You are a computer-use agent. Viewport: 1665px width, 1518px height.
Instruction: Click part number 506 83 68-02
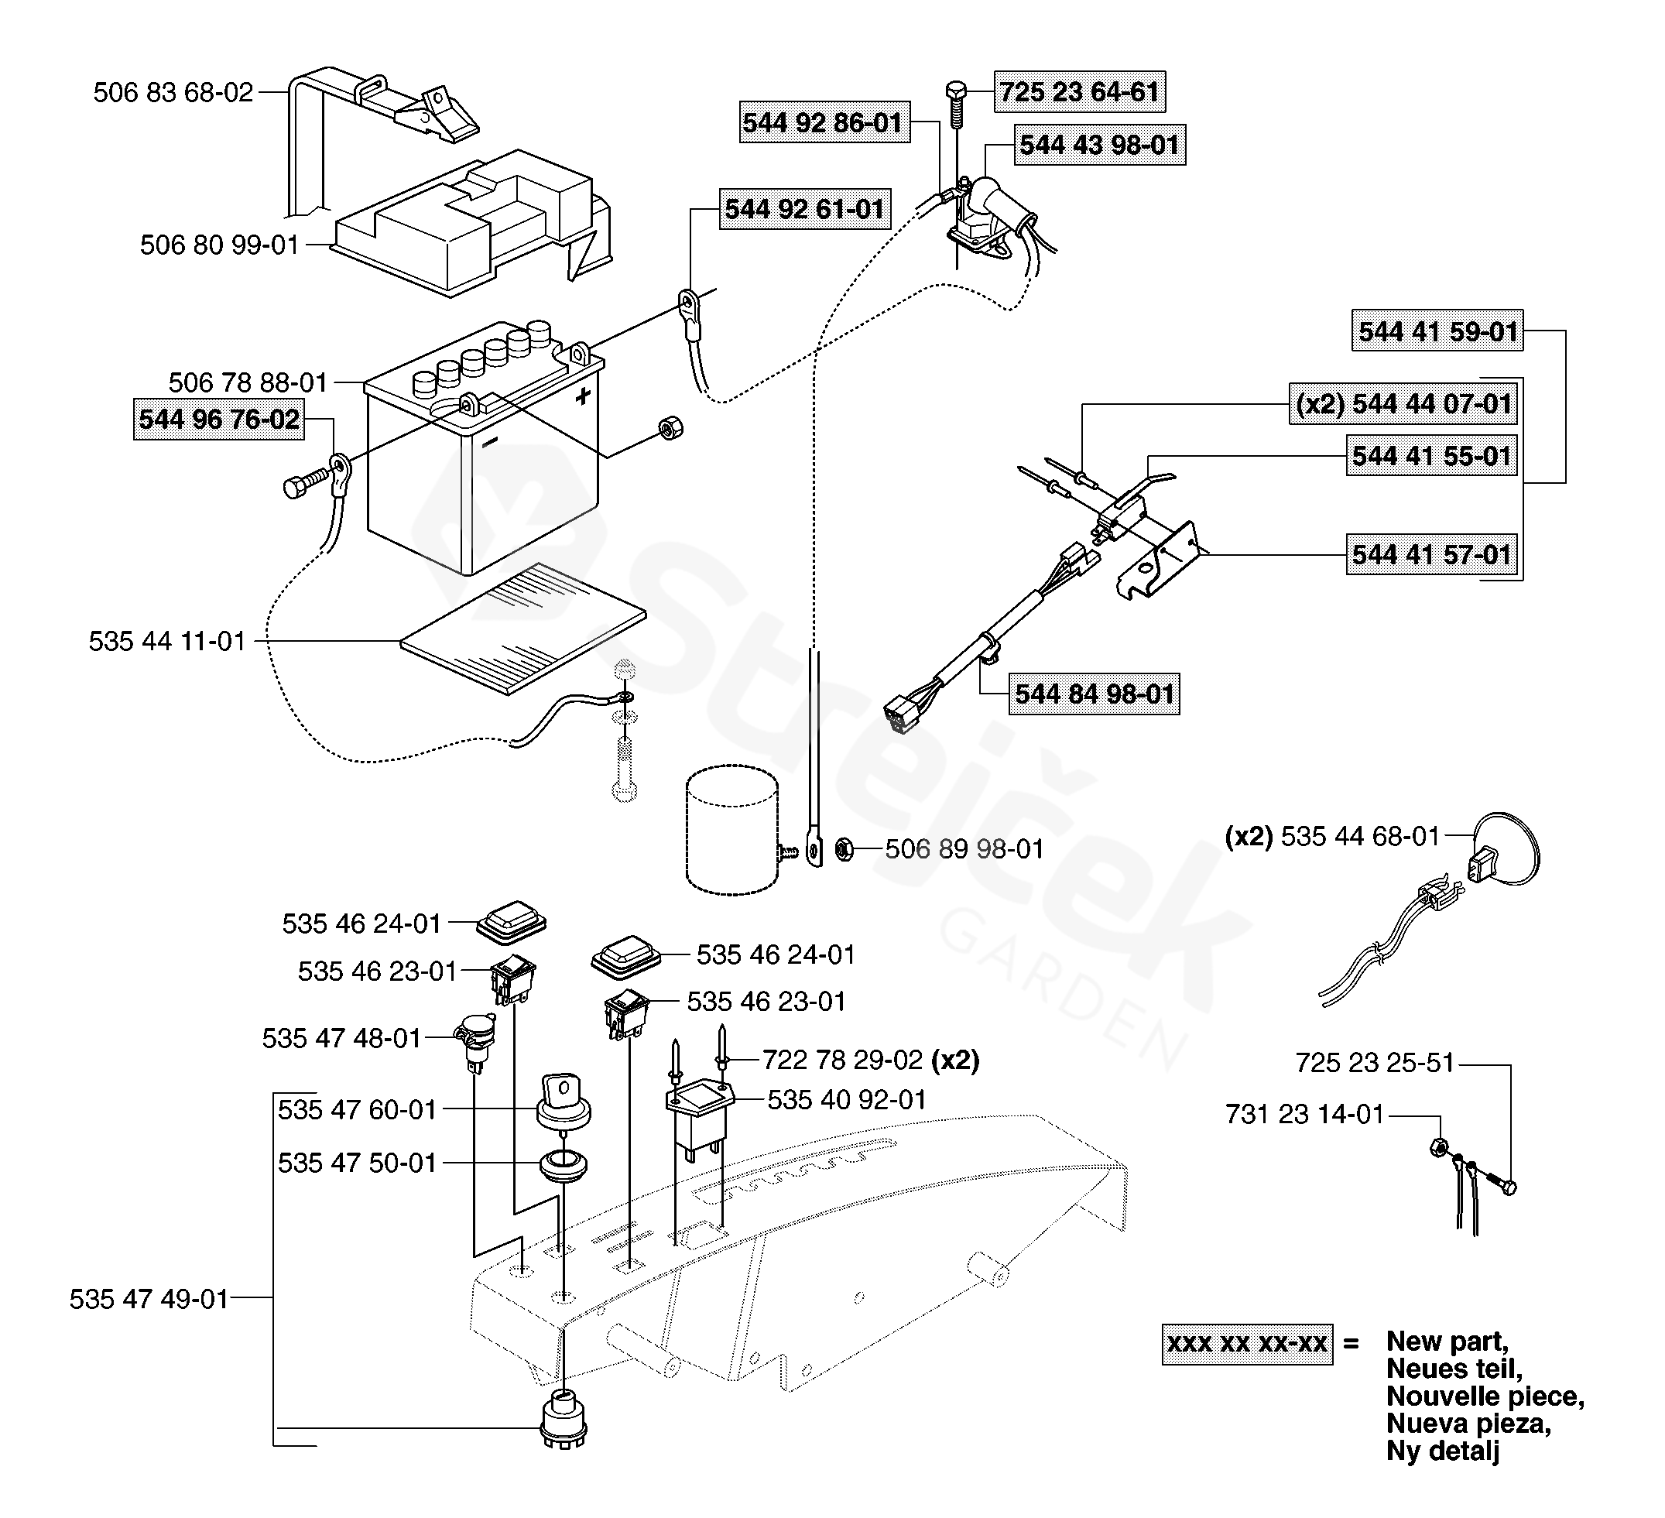(x=173, y=92)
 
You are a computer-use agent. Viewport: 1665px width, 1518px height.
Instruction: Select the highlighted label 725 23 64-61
(x=1080, y=91)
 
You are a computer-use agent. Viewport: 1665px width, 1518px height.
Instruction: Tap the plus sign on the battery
(x=583, y=396)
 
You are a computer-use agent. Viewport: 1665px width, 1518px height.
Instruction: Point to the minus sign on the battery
(x=490, y=444)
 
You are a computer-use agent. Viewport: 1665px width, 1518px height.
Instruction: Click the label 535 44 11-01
(x=168, y=642)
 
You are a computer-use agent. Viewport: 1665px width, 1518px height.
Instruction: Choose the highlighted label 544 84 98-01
(x=1095, y=694)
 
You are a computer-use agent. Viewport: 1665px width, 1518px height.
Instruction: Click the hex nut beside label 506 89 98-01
(x=844, y=849)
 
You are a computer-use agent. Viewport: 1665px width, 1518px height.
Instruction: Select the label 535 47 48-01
(x=342, y=1038)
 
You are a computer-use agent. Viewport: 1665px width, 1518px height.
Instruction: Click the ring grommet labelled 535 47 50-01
(x=564, y=1165)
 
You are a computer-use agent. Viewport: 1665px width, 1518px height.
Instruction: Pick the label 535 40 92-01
(x=848, y=1100)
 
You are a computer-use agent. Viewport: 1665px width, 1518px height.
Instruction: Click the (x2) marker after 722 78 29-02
(x=955, y=1060)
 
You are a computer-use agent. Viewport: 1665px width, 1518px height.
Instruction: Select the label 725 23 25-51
(x=1375, y=1063)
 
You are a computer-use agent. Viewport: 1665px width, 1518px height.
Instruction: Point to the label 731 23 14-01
(x=1305, y=1115)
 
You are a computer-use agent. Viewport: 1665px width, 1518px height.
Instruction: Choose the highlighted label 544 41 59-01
(x=1438, y=331)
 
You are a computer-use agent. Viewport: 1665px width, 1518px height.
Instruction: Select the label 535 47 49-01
(x=149, y=1299)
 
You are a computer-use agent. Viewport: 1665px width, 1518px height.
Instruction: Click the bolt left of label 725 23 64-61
(x=957, y=103)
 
